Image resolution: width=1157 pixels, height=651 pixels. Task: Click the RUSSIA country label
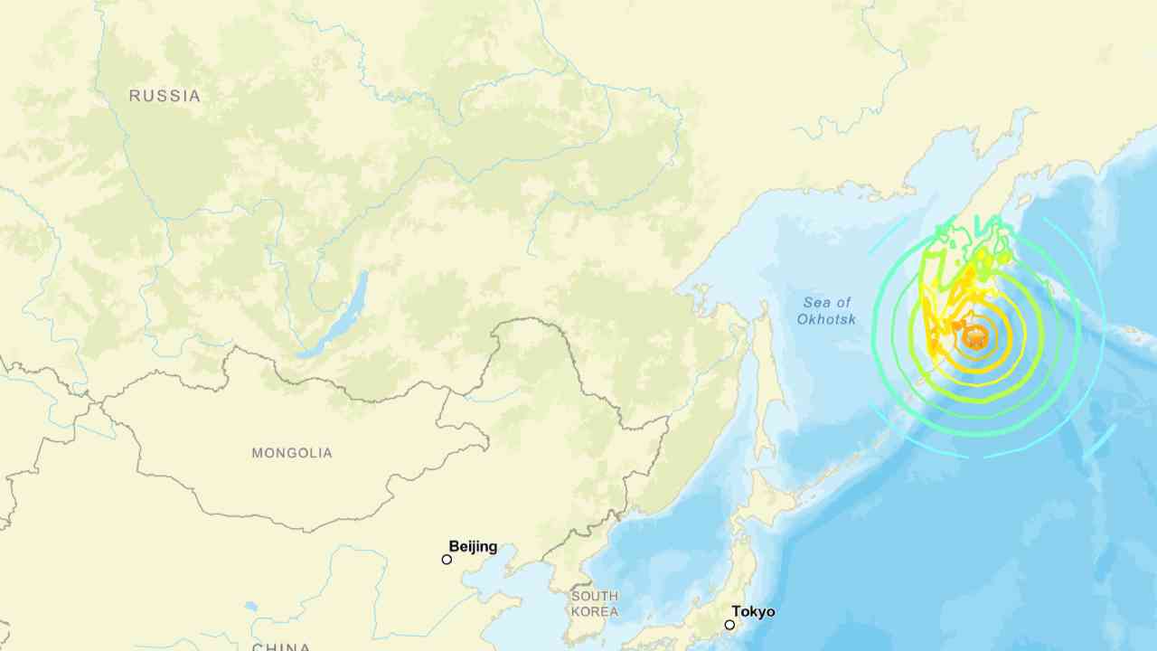tap(165, 96)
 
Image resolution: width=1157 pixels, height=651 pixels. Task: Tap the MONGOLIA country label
tap(292, 453)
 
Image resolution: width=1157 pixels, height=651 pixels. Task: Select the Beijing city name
tap(473, 546)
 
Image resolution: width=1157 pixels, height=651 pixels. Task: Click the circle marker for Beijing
tap(447, 560)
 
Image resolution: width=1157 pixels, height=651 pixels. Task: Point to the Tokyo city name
tap(753, 612)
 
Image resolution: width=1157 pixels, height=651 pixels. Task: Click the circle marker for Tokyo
tap(729, 625)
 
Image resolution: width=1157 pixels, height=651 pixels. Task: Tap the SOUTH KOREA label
tap(595, 604)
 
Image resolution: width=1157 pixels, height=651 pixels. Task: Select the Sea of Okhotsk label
tap(826, 311)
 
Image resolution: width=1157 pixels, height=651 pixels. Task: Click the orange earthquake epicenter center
tap(974, 337)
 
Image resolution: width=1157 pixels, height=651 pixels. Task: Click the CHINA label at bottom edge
tap(281, 646)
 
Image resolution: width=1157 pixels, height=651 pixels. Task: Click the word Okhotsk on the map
tap(826, 319)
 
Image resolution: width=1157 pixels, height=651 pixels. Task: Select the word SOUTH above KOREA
tap(595, 596)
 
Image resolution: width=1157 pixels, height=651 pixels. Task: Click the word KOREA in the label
tap(595, 612)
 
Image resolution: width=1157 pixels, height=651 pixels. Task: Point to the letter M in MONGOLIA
tap(258, 453)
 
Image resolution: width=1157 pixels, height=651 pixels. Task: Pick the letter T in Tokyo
tap(736, 612)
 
